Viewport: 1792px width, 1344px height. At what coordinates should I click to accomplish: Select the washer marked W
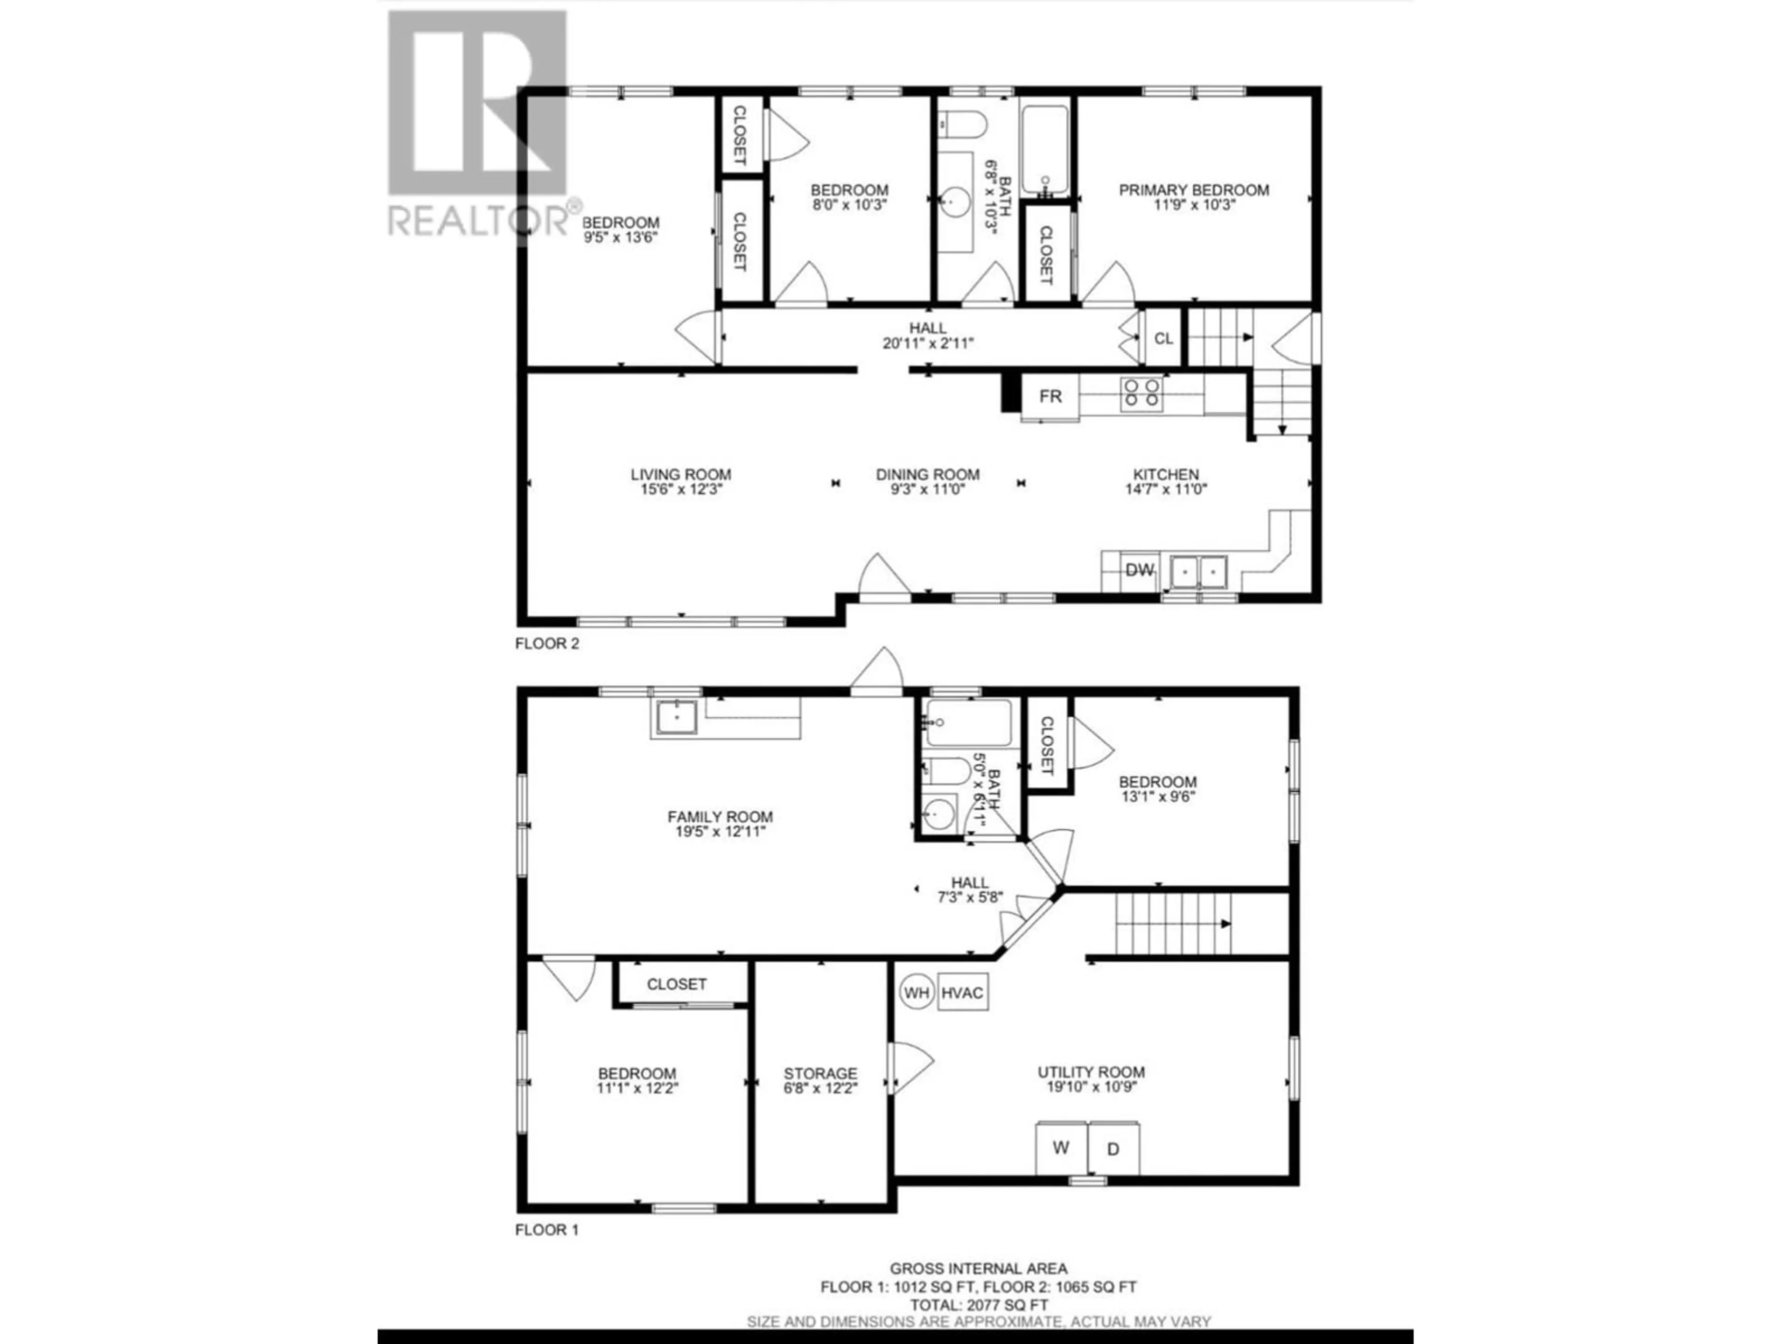[1060, 1148]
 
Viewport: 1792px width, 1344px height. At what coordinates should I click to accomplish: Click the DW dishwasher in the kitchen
[1139, 570]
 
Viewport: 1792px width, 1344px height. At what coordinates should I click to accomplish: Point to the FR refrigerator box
[1050, 396]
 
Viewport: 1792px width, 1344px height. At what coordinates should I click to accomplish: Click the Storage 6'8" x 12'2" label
[820, 1081]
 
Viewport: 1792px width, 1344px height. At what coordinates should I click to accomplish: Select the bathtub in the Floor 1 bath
[969, 722]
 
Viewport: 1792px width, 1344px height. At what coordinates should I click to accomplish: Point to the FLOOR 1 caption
[547, 1230]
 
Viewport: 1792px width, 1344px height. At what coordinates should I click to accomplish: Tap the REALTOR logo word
[478, 220]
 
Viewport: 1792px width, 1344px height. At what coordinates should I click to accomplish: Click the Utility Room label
[1091, 1072]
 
